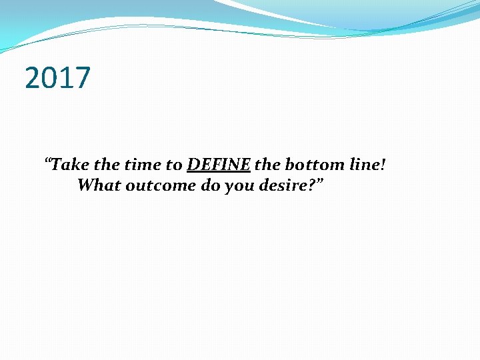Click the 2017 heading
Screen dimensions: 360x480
click(57, 78)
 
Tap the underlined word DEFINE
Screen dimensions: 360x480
click(219, 165)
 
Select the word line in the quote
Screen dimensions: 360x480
click(366, 165)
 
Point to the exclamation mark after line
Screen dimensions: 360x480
click(383, 165)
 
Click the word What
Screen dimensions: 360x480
click(98, 185)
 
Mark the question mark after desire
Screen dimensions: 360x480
click(313, 185)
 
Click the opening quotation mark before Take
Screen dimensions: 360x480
click(47, 162)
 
